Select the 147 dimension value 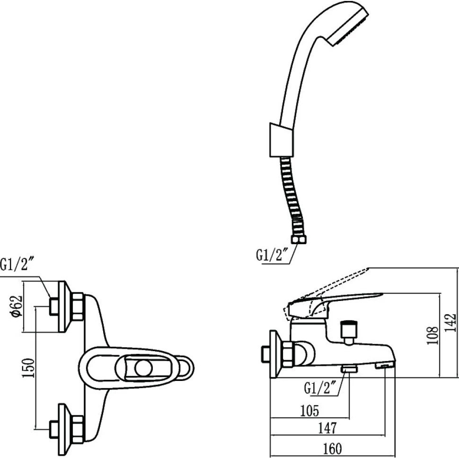pyautogui.click(x=327, y=429)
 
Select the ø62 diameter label pyautogui.click(x=17, y=308)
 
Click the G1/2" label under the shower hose pyautogui.click(x=272, y=256)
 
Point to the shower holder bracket pyautogui.click(x=278, y=140)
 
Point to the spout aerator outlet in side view pyautogui.click(x=384, y=365)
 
